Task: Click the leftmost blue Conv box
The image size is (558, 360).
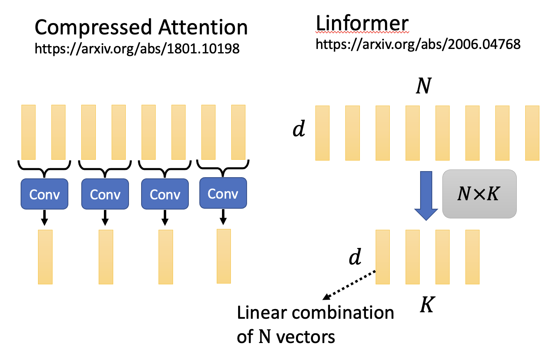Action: pos(44,194)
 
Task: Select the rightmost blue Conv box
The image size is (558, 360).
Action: pos(223,193)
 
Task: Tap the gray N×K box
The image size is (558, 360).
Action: pos(479,194)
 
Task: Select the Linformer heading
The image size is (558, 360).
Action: pos(362,23)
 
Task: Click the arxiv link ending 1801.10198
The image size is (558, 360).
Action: pos(137,49)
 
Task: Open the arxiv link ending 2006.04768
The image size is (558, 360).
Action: pos(418,44)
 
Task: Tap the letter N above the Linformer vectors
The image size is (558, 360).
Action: pos(423,86)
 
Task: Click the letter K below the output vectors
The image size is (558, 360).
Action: pos(427,305)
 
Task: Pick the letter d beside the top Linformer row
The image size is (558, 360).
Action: pos(299,129)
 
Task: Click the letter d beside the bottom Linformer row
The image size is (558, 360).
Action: pos(355,256)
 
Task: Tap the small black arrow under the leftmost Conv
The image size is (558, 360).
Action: pos(44,217)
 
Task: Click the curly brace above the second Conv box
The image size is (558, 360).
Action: pos(105,167)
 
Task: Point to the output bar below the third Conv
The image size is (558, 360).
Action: pos(166,257)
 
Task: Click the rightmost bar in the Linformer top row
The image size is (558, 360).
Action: pos(532,133)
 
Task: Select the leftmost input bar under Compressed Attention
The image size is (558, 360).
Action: pos(28,132)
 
